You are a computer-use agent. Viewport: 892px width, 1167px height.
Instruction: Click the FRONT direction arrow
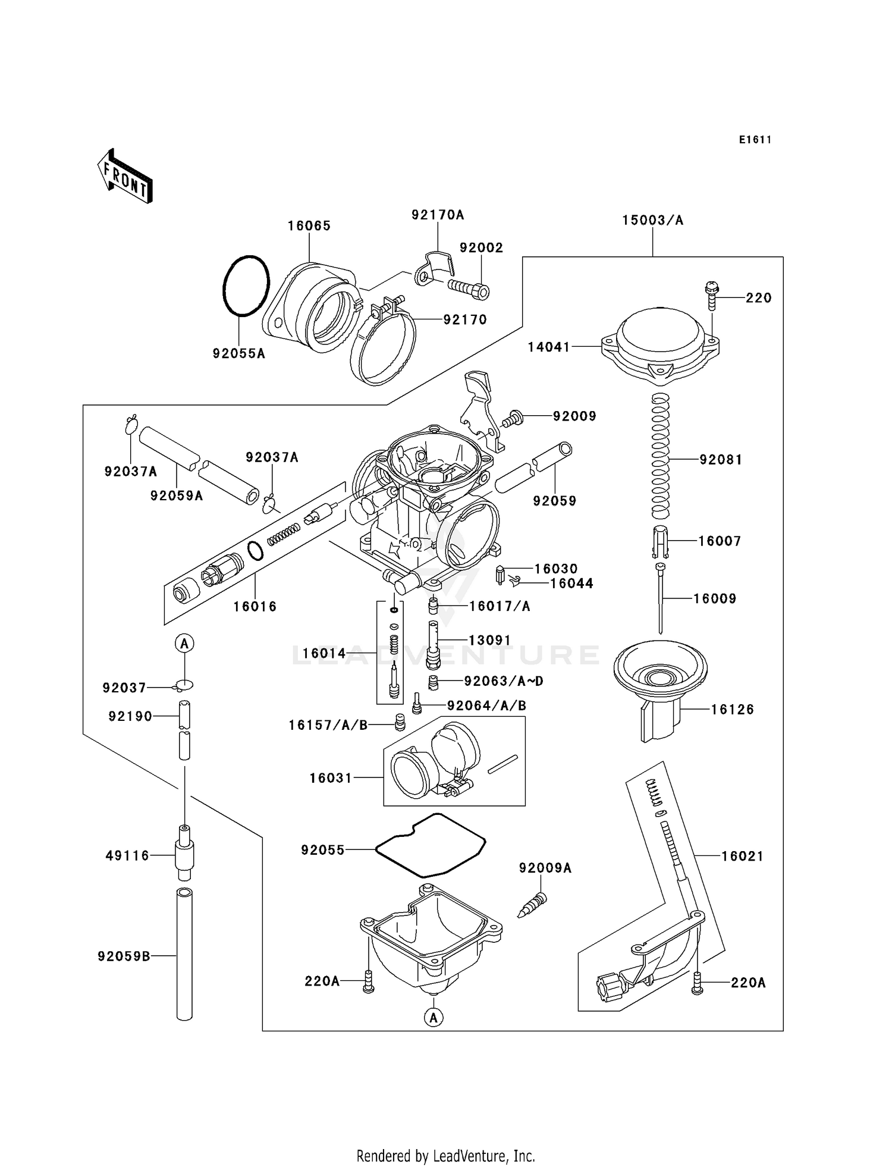point(125,177)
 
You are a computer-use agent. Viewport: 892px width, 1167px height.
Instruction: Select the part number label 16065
point(309,226)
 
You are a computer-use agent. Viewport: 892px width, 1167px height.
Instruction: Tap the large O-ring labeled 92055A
point(246,286)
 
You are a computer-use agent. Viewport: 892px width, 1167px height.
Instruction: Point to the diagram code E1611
point(755,140)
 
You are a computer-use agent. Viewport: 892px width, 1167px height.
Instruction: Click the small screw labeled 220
point(712,296)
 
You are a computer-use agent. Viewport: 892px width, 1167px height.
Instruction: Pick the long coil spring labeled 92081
point(661,456)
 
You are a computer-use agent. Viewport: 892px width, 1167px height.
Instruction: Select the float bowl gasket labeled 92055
point(431,845)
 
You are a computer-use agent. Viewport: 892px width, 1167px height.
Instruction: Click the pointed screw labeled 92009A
point(532,905)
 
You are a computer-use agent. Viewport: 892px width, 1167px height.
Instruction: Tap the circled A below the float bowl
point(434,1018)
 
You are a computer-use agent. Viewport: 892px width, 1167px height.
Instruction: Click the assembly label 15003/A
point(652,221)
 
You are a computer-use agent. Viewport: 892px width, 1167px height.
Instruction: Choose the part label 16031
point(331,778)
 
